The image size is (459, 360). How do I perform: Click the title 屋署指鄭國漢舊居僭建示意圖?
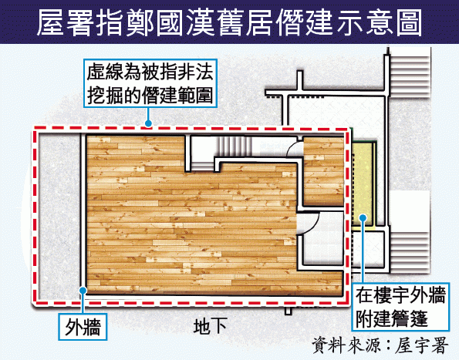(x=230, y=22)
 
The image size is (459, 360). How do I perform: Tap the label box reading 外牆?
(x=83, y=327)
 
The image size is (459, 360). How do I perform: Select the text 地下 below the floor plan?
(x=210, y=326)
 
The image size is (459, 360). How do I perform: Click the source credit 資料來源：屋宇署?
(x=380, y=345)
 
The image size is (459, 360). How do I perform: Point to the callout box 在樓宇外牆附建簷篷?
(x=400, y=307)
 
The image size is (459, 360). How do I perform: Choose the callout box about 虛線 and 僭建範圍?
(x=150, y=83)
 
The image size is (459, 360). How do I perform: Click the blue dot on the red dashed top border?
(x=148, y=123)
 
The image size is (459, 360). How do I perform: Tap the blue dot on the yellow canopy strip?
(x=363, y=217)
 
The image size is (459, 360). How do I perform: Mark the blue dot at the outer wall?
(x=83, y=290)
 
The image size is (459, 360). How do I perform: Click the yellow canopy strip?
(x=363, y=185)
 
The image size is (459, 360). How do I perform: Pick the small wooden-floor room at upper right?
(x=323, y=171)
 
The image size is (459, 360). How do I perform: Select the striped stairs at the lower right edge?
(x=410, y=251)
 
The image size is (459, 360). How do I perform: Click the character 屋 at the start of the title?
(x=50, y=22)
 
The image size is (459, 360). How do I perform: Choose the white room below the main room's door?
(x=322, y=248)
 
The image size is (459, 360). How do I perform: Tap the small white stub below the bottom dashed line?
(x=289, y=310)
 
